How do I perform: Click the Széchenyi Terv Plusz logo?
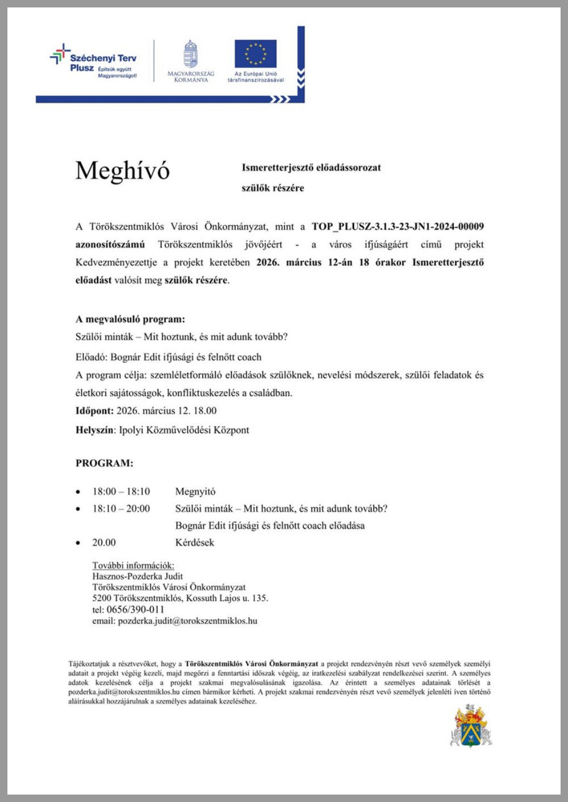pyautogui.click(x=94, y=62)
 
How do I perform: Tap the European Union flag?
pyautogui.click(x=256, y=54)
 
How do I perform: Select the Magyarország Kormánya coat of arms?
pyautogui.click(x=191, y=55)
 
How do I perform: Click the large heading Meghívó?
pyautogui.click(x=123, y=171)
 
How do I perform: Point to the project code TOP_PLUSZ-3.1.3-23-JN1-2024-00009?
pyautogui.click(x=398, y=226)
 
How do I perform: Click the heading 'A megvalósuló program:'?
pyautogui.click(x=130, y=319)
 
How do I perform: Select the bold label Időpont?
pyautogui.click(x=94, y=410)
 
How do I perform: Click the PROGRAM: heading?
pyautogui.click(x=105, y=463)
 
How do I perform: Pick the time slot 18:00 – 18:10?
pyautogui.click(x=121, y=492)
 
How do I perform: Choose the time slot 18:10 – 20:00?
pyautogui.click(x=121, y=509)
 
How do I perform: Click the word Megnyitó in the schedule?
pyautogui.click(x=195, y=492)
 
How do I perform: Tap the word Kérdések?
pyautogui.click(x=195, y=543)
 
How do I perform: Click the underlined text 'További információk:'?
pyautogui.click(x=133, y=566)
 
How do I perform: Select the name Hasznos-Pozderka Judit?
pyautogui.click(x=137, y=576)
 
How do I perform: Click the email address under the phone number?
pyautogui.click(x=187, y=621)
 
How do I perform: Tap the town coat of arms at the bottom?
pyautogui.click(x=471, y=726)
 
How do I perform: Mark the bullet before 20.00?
pyautogui.click(x=78, y=543)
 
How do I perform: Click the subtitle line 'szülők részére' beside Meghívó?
pyautogui.click(x=273, y=188)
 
